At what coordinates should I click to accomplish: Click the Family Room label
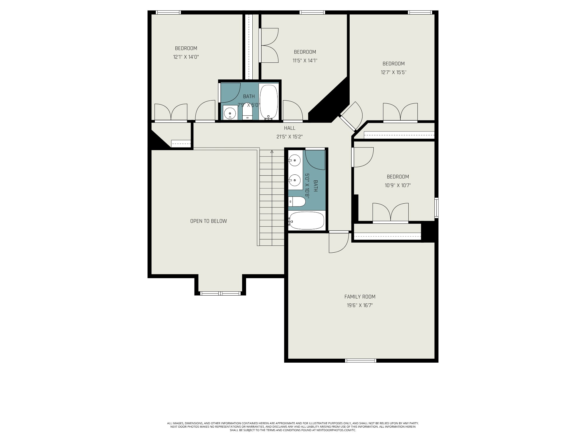[x=360, y=297]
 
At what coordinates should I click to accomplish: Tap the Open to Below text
[x=209, y=221]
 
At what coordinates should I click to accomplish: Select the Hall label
[x=290, y=128]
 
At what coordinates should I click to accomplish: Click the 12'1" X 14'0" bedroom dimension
[x=186, y=57]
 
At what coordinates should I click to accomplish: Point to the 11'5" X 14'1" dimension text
[x=305, y=60]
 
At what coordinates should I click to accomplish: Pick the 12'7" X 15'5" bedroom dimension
[x=394, y=72]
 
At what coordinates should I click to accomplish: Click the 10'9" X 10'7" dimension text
[x=398, y=185]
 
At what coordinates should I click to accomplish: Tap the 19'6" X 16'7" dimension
[x=360, y=305]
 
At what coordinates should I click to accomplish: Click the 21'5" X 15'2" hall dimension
[x=290, y=137]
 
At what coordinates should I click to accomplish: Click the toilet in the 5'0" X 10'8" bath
[x=297, y=202]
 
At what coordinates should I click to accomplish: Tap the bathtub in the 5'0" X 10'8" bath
[x=306, y=221]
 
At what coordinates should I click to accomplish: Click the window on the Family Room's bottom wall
[x=361, y=361]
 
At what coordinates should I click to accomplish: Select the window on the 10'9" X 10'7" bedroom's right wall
[x=436, y=208]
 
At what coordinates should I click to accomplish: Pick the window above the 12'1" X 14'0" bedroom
[x=168, y=12]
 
